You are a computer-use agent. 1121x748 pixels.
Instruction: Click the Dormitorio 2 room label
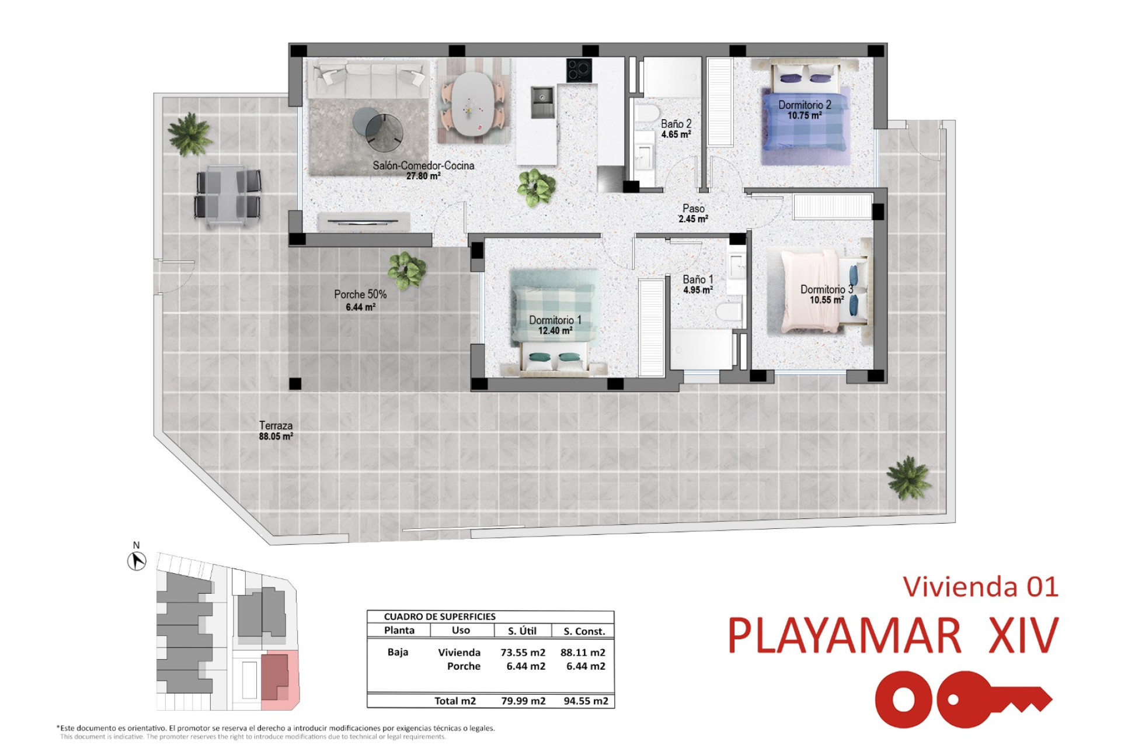805,105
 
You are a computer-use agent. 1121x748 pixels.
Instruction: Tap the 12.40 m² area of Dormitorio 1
555,331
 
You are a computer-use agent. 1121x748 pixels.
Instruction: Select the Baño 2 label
676,124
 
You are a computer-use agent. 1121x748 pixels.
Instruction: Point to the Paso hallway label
694,209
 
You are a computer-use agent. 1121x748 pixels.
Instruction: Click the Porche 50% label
360,295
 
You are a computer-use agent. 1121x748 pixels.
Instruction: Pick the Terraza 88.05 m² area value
276,437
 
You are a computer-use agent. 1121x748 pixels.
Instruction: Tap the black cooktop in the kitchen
579,71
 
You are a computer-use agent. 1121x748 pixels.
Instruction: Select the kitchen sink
542,101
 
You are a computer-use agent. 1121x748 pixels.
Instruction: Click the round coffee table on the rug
378,127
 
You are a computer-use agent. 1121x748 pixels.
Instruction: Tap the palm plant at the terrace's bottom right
908,477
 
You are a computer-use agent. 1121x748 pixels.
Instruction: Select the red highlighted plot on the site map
280,680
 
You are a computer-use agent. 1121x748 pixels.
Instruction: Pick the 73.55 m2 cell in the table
523,653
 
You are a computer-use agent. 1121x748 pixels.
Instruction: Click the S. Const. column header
584,631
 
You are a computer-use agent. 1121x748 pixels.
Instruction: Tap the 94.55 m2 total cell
586,701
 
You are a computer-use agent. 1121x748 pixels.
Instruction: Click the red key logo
963,699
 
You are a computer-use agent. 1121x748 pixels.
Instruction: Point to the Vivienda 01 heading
980,587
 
